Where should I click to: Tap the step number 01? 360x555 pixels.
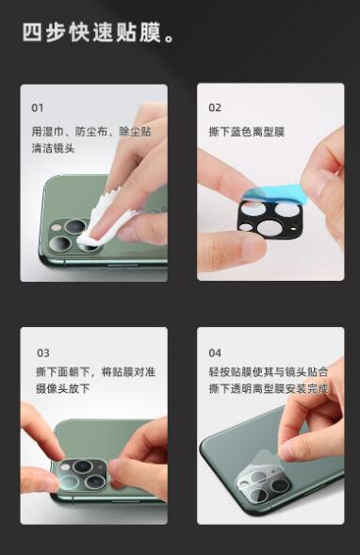pyautogui.click(x=38, y=107)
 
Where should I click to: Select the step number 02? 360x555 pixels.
pyautogui.click(x=215, y=107)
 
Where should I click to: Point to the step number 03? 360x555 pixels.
pyautogui.click(x=43, y=353)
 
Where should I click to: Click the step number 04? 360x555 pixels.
pyautogui.click(x=215, y=353)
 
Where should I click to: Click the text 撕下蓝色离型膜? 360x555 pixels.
pyautogui.click(x=247, y=132)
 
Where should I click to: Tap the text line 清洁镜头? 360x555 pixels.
pyautogui.click(x=53, y=148)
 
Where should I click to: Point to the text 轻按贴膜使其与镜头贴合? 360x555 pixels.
pyautogui.click(x=269, y=372)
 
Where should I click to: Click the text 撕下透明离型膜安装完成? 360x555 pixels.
pyautogui.click(x=269, y=388)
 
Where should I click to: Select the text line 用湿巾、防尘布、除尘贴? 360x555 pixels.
pyautogui.click(x=91, y=132)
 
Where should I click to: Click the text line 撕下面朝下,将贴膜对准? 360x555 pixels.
pyautogui.click(x=95, y=372)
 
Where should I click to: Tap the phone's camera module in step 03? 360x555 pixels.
pyautogui.click(x=83, y=475)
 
